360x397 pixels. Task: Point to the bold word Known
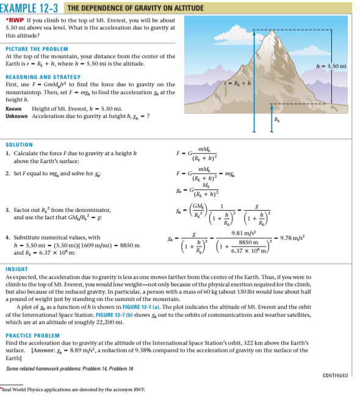pos(14,108)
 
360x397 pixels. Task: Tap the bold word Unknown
pos(16,115)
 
